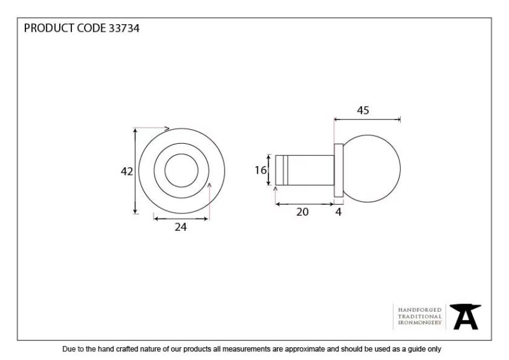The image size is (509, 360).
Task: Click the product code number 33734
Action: click(x=124, y=28)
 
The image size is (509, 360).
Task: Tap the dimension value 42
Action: click(x=127, y=171)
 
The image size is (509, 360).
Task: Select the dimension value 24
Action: click(x=181, y=227)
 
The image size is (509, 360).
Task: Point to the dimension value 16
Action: click(x=261, y=170)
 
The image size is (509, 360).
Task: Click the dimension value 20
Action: click(x=302, y=212)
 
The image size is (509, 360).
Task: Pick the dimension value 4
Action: click(x=338, y=212)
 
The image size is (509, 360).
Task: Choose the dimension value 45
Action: click(x=363, y=111)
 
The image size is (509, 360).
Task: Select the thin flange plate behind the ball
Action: click(x=338, y=170)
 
